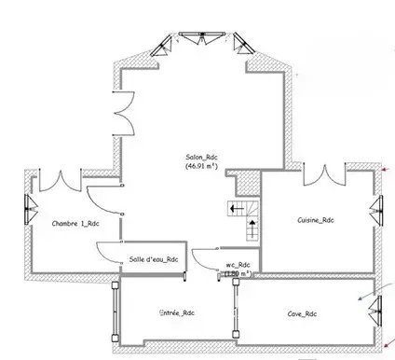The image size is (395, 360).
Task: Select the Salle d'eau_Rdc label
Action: (x=153, y=260)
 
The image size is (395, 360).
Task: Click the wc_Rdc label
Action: (x=238, y=264)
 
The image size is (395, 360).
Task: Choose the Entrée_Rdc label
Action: (x=176, y=312)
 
